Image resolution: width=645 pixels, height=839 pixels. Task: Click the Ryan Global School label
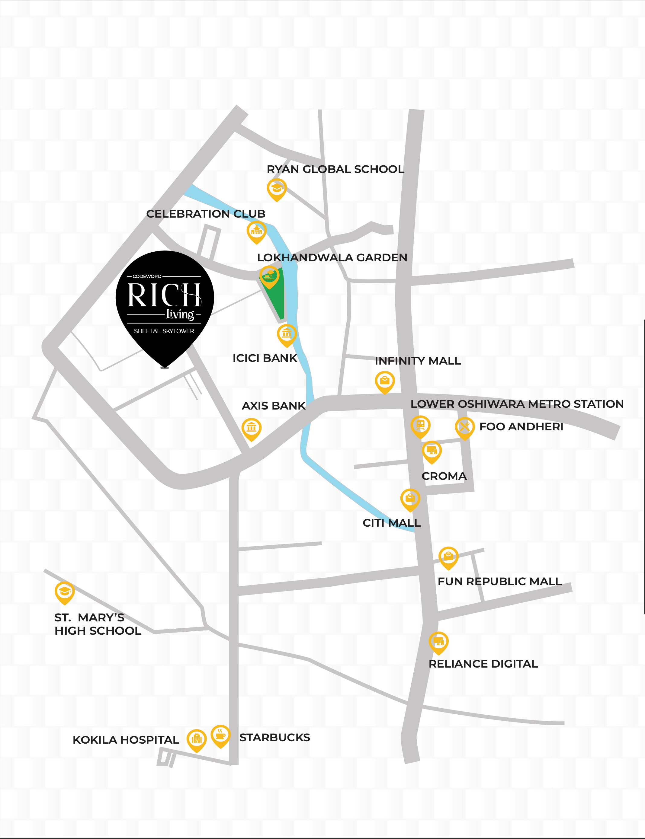click(x=335, y=169)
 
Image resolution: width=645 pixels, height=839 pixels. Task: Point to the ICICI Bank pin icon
click(x=287, y=334)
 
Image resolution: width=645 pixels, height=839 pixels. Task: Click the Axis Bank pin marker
click(x=252, y=428)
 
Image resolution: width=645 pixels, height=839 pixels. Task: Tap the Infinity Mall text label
click(x=418, y=361)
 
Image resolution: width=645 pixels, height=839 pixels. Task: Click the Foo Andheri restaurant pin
click(x=464, y=427)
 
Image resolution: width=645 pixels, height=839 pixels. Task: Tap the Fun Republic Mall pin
click(x=448, y=557)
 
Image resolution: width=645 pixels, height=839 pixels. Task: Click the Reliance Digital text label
click(x=483, y=664)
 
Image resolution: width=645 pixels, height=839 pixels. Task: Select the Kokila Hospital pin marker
click(x=197, y=739)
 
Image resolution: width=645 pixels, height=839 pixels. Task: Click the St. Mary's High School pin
click(x=65, y=592)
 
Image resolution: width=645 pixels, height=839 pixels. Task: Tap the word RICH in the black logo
click(x=164, y=295)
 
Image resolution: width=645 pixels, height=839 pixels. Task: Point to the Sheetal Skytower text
click(x=164, y=331)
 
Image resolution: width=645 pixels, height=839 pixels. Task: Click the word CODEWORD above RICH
click(x=147, y=276)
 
